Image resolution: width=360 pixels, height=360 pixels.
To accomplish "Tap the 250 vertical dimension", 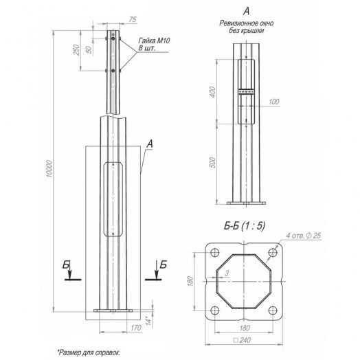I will point(78,49).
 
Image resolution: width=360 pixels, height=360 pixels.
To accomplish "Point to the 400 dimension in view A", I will point(213,92).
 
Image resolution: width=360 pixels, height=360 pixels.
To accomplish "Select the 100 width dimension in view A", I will point(274,102).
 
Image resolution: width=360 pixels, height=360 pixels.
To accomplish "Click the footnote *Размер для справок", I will point(85,350).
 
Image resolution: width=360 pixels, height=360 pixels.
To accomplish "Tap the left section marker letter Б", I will point(66,265).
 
